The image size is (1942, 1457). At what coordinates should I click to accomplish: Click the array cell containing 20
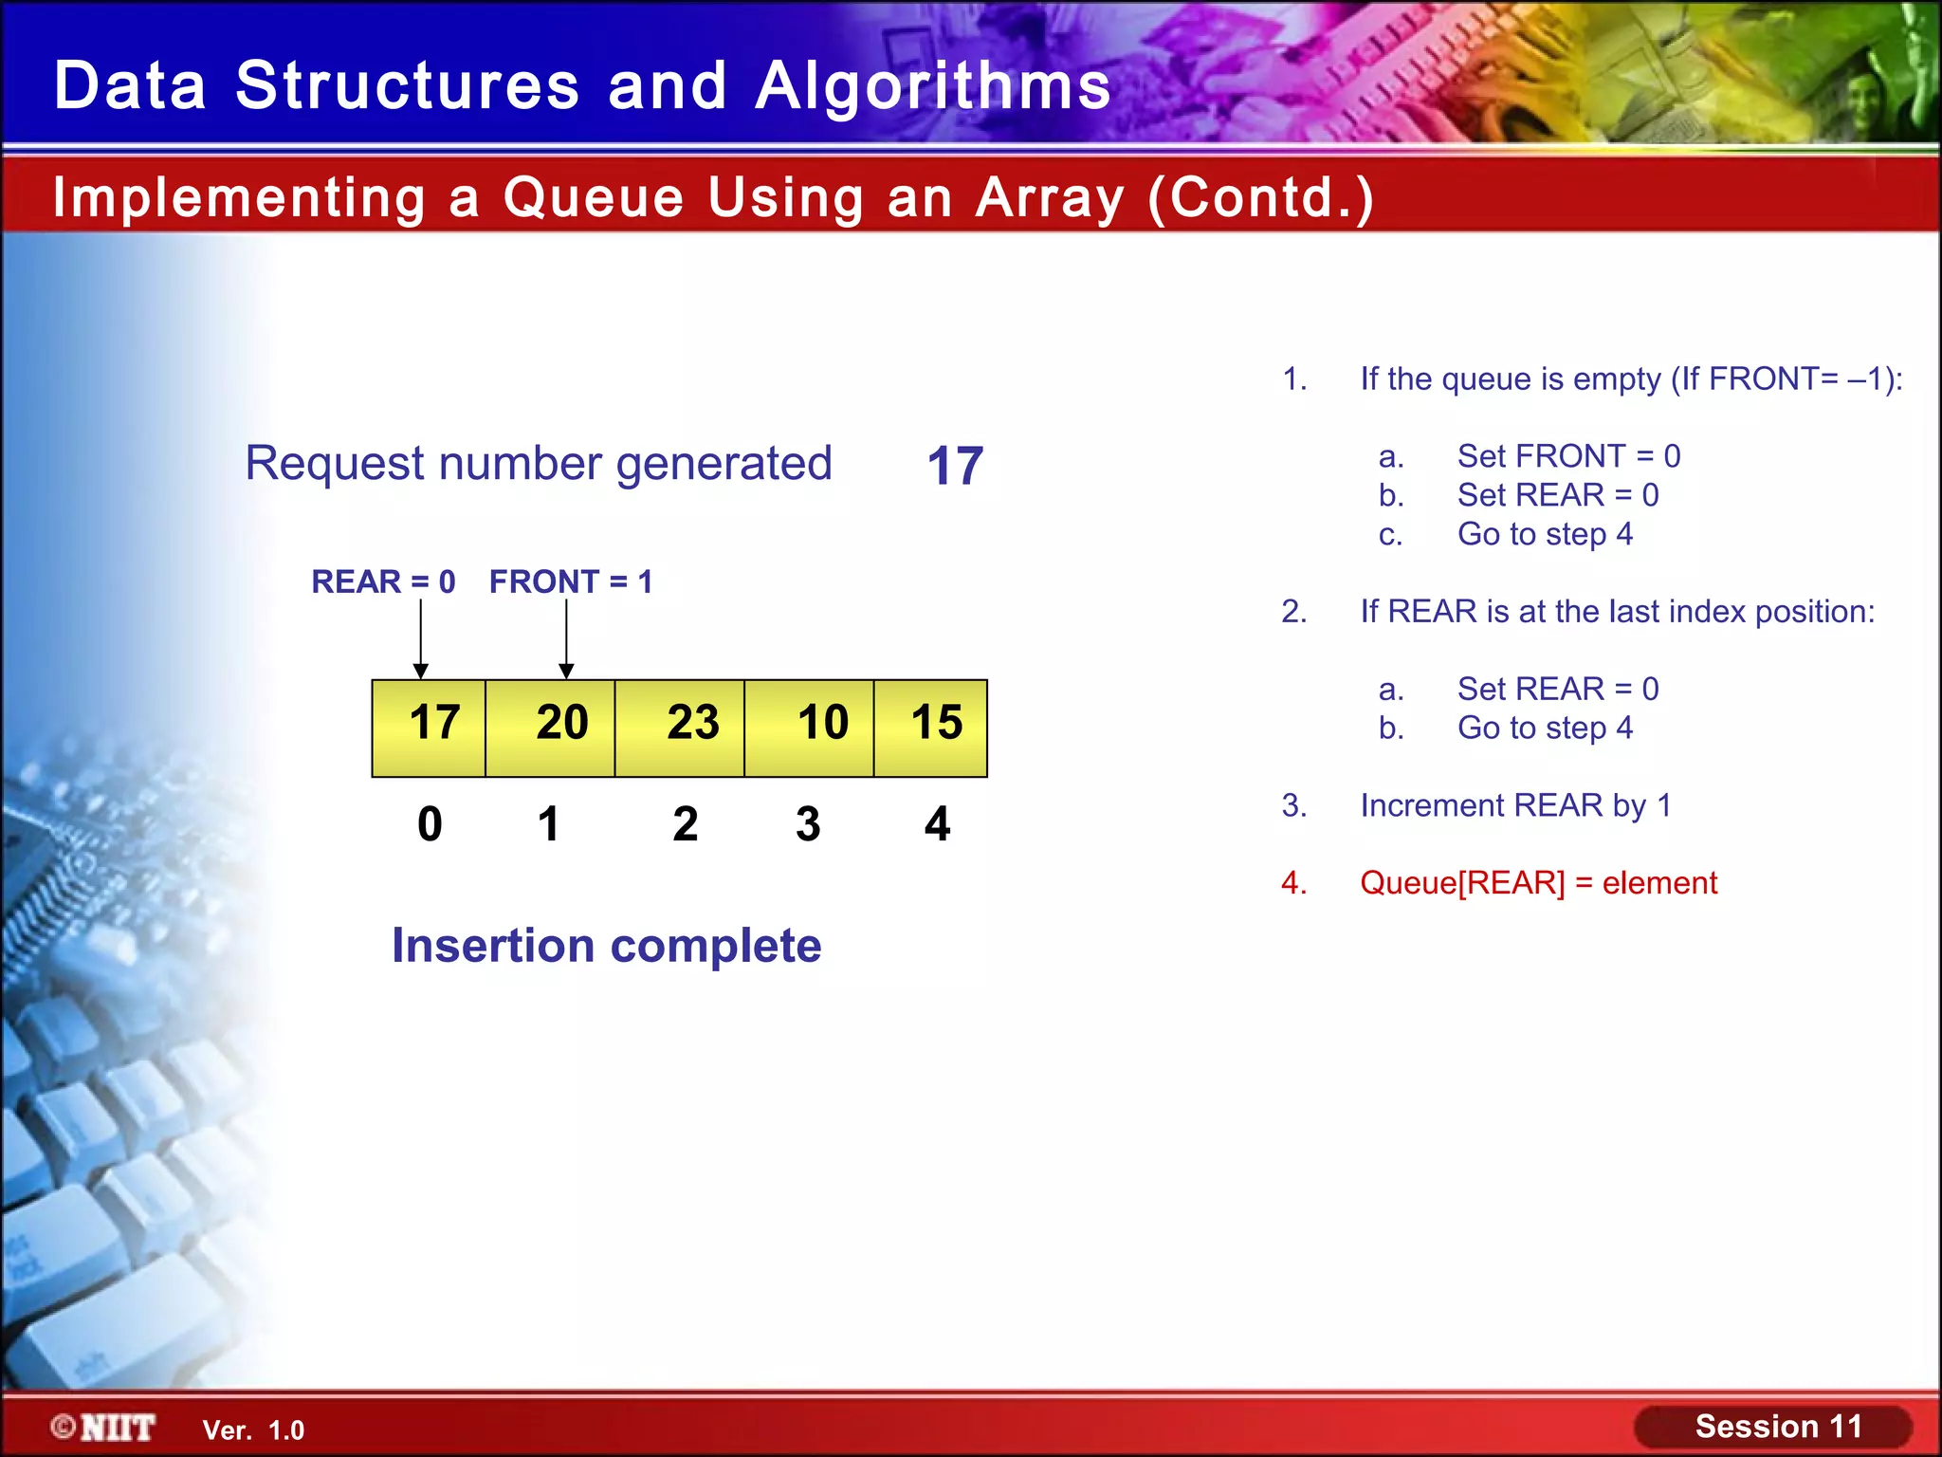550,728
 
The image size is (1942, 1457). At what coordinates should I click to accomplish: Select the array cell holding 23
680,728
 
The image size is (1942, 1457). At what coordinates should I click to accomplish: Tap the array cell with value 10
809,728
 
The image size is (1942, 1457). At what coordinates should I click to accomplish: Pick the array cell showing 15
930,728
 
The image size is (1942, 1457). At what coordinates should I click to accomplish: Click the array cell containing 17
429,728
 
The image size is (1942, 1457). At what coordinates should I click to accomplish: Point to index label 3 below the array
808,823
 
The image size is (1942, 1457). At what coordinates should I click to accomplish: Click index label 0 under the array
430,823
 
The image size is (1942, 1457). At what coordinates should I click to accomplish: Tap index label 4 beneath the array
937,823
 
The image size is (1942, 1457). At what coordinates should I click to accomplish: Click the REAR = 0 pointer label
383,581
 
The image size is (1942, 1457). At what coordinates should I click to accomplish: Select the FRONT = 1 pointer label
571,581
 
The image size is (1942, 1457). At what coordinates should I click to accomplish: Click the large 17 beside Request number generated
955,466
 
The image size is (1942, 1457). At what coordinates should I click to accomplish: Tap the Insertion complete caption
607,946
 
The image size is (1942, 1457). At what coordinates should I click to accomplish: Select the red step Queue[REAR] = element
1538,883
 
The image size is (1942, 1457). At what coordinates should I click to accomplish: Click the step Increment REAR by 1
1515,805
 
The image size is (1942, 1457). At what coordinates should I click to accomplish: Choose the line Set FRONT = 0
1568,456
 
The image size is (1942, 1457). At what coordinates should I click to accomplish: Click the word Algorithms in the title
933,85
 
